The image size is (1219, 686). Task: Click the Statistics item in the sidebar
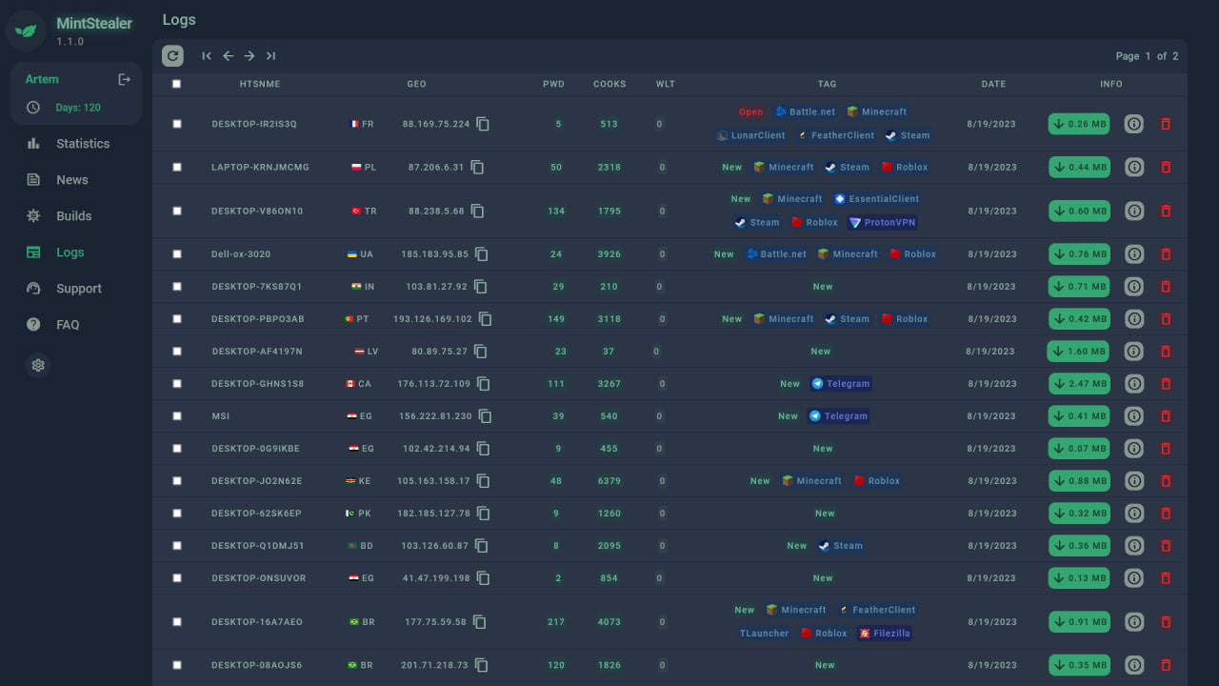click(82, 144)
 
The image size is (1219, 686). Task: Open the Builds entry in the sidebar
click(73, 216)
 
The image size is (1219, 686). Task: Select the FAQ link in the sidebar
click(68, 325)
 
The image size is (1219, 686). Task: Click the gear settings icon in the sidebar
click(38, 365)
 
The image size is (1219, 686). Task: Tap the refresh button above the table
click(172, 56)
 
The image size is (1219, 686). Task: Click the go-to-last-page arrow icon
click(270, 56)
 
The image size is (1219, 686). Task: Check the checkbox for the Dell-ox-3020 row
click(177, 254)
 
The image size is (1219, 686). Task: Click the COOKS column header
click(609, 84)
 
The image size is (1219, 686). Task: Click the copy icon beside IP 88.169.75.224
click(483, 124)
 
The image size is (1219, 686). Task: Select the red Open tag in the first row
click(750, 112)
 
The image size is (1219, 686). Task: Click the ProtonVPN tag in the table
click(883, 223)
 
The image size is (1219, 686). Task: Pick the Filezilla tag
click(885, 634)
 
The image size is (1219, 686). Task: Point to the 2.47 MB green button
click(1079, 384)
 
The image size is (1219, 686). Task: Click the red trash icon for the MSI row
click(1166, 416)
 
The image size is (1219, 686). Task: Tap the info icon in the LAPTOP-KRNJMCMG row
click(1134, 168)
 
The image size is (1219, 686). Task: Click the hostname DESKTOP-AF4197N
click(257, 352)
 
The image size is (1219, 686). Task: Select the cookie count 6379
click(609, 481)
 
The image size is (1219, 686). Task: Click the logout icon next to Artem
click(124, 79)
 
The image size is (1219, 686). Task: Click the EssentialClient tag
click(876, 199)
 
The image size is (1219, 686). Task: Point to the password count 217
click(556, 622)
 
